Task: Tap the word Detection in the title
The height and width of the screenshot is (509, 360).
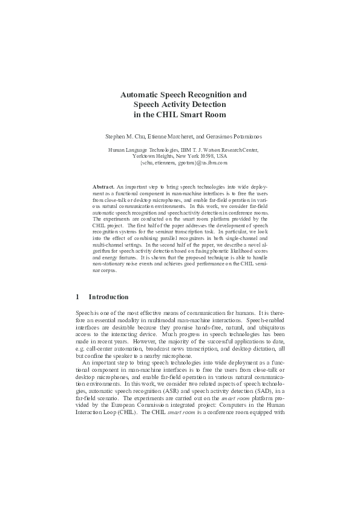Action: tap(205, 104)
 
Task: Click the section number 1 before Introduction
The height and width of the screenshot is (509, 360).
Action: tap(77, 297)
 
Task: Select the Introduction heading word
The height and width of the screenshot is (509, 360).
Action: tap(108, 297)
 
